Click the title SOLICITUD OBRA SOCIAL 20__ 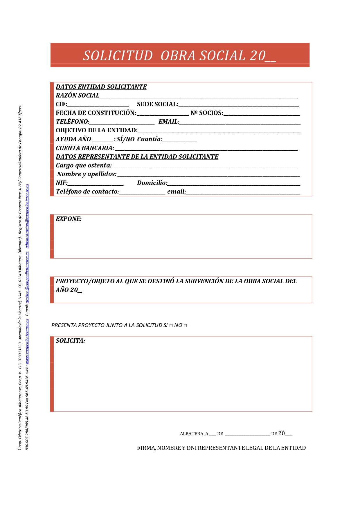click(x=179, y=56)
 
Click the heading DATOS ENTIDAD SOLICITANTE click(x=101, y=87)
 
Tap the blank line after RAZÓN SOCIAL click(x=198, y=96)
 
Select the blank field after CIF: click(x=98, y=105)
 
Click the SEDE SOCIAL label click(x=157, y=104)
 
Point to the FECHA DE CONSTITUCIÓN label click(x=96, y=113)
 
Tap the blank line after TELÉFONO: click(x=122, y=122)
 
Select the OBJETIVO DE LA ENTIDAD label click(x=96, y=130)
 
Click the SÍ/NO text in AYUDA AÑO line click(x=126, y=139)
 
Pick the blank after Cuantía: click(x=179, y=140)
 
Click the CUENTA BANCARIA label click(x=85, y=148)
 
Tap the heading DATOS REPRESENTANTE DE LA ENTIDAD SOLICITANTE click(x=137, y=157)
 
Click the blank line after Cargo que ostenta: click(x=205, y=166)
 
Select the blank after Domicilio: click(x=234, y=183)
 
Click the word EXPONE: click(x=69, y=219)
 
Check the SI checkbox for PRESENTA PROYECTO click(x=171, y=326)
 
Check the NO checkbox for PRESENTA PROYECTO click(x=185, y=326)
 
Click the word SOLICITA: click(x=70, y=341)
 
